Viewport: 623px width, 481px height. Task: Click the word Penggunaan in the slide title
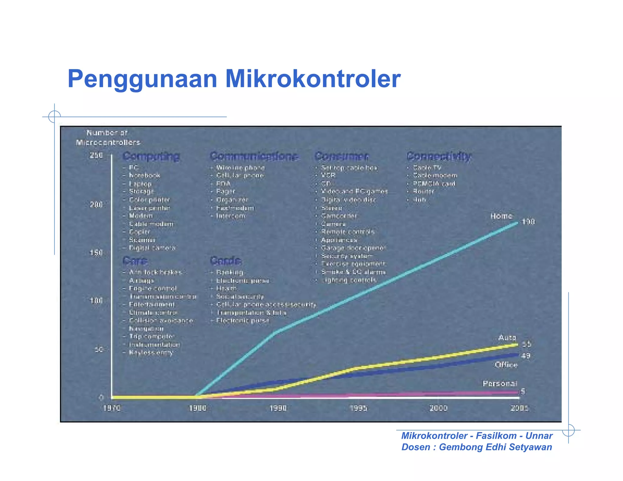[x=142, y=79]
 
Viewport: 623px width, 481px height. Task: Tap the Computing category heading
[x=151, y=156]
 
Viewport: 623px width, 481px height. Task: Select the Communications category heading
[x=254, y=156]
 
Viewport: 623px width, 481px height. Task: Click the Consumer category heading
[x=342, y=156]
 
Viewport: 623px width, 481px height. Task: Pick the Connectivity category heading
[x=439, y=156]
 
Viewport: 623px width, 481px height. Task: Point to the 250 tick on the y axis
[x=96, y=155]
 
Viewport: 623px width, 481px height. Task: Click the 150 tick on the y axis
[x=96, y=253]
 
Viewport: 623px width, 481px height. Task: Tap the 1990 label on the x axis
[x=278, y=408]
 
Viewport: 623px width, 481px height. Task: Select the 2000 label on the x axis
[x=438, y=408]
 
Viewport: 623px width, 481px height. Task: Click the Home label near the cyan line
[x=501, y=216]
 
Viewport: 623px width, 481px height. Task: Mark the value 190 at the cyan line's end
[x=528, y=222]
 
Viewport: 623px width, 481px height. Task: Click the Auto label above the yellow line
[x=507, y=337]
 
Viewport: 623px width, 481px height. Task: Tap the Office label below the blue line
[x=506, y=365]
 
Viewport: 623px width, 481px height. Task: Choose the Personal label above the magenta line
[x=500, y=384]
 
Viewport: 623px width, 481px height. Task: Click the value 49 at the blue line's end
[x=526, y=356]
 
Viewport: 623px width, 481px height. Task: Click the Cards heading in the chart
[x=225, y=261]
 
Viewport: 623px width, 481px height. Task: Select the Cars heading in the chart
[x=135, y=261]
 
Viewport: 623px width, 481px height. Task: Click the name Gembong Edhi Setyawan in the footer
[x=495, y=447]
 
